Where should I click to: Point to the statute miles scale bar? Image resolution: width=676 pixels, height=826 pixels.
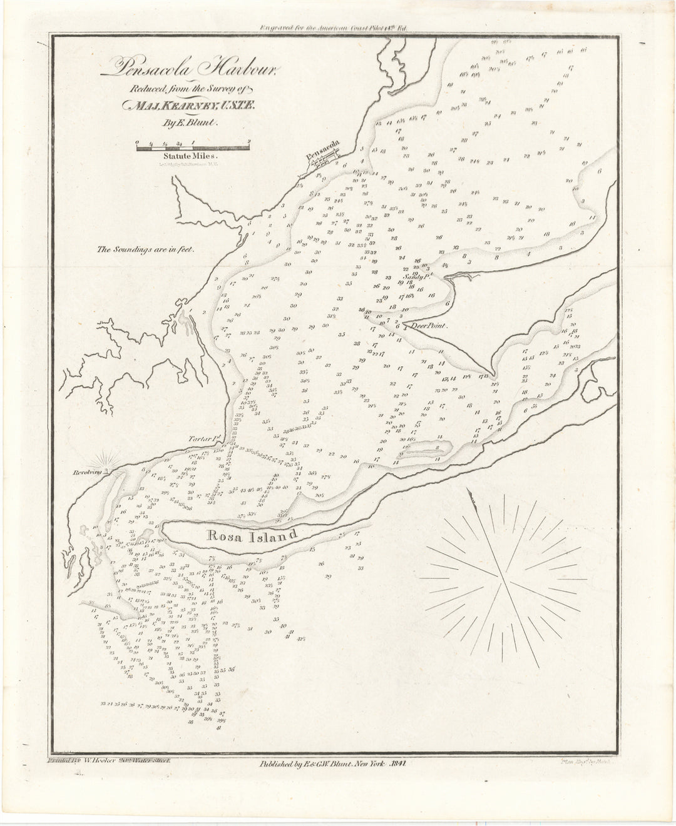click(x=193, y=147)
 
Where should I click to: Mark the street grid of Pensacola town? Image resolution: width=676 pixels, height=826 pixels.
click(x=325, y=162)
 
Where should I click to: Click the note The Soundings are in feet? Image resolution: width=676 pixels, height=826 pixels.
click(x=146, y=249)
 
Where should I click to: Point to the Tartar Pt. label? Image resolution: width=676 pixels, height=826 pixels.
click(x=202, y=440)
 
